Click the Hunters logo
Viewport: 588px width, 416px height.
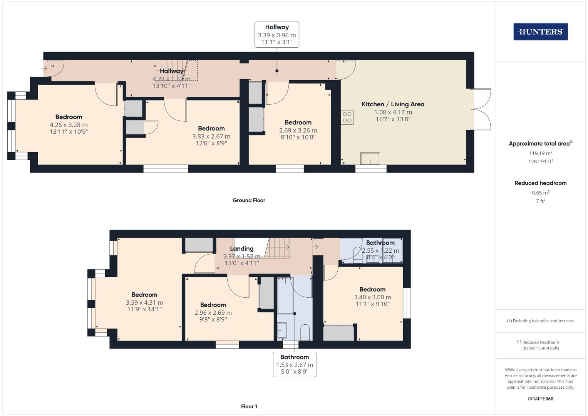pyautogui.click(x=540, y=32)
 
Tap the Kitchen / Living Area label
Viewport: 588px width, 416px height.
pyautogui.click(x=393, y=104)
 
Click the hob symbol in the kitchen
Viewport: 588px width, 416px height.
pyautogui.click(x=347, y=117)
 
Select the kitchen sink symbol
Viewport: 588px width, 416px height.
pyautogui.click(x=370, y=159)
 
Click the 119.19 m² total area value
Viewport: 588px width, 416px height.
pyautogui.click(x=540, y=153)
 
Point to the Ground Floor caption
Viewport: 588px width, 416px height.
pyautogui.click(x=249, y=200)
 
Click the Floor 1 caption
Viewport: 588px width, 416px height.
pyautogui.click(x=249, y=406)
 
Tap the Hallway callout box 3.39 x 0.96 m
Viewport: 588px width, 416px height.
pyautogui.click(x=276, y=35)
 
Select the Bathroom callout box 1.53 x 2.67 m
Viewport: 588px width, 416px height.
pyautogui.click(x=295, y=364)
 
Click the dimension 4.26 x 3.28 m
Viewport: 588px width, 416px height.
pyautogui.click(x=69, y=125)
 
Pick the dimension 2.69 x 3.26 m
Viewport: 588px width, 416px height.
pyautogui.click(x=298, y=131)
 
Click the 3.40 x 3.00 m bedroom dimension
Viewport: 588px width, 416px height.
pyautogui.click(x=372, y=297)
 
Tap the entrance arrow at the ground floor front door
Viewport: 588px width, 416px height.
pyautogui.click(x=44, y=69)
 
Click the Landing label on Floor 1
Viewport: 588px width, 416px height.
pyautogui.click(x=241, y=249)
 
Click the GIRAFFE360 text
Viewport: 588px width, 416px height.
pyautogui.click(x=540, y=399)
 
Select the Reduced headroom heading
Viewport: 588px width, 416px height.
pyautogui.click(x=540, y=183)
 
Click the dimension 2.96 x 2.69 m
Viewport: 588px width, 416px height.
pyautogui.click(x=213, y=313)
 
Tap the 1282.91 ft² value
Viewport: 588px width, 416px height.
pyautogui.click(x=540, y=162)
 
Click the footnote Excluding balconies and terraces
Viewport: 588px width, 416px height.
pyautogui.click(x=540, y=321)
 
